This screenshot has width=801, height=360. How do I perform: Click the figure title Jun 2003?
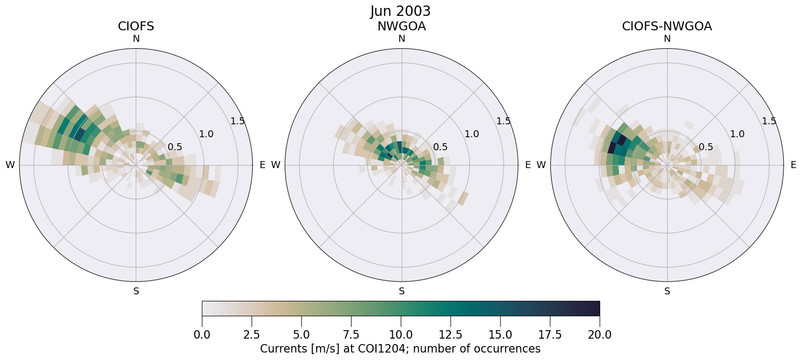(400, 11)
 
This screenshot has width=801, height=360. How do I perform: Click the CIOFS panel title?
(136, 26)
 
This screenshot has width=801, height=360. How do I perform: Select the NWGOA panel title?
(401, 26)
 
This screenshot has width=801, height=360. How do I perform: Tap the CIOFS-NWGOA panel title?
(667, 26)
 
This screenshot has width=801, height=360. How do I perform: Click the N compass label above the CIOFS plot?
(136, 39)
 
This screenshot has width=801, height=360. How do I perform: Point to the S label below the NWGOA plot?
(401, 291)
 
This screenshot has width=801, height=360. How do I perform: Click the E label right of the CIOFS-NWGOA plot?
(793, 165)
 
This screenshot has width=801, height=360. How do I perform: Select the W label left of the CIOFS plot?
(10, 165)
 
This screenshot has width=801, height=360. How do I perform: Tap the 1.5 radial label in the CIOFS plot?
(238, 121)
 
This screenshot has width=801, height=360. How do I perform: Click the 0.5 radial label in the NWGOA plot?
(440, 147)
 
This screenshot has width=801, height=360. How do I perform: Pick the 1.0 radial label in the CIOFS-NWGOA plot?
(737, 134)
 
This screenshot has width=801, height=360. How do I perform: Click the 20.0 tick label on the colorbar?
(600, 335)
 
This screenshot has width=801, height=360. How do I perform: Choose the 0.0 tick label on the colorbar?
(202, 335)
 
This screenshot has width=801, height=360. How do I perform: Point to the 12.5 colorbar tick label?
(450, 335)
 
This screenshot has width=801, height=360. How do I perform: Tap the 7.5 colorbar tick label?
(351, 335)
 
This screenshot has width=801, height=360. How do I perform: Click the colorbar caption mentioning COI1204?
(400, 349)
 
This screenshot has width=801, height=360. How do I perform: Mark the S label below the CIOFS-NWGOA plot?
(667, 291)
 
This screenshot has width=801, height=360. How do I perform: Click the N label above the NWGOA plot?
(401, 39)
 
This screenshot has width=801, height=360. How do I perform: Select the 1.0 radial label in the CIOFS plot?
(206, 134)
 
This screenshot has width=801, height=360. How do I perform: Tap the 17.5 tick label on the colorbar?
(550, 335)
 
